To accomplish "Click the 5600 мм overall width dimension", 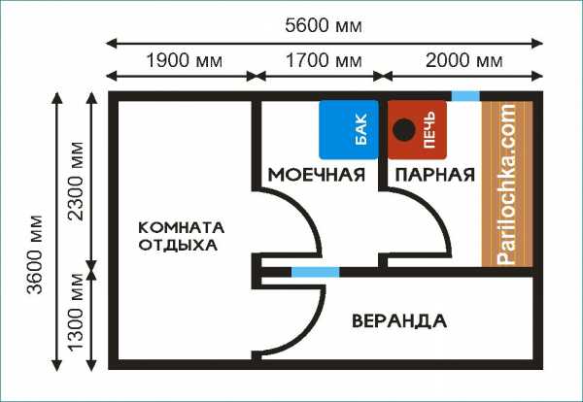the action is click(x=324, y=26).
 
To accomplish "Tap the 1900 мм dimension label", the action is click(x=185, y=60).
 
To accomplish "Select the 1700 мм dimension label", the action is click(x=324, y=60).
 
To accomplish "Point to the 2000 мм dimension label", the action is click(x=463, y=60).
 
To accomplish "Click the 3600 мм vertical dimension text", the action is click(x=35, y=254).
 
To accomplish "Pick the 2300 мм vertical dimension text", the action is click(x=76, y=181).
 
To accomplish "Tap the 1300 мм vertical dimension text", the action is click(x=76, y=312).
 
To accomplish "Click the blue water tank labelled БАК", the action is click(x=349, y=130).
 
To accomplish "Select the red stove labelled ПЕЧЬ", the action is click(x=417, y=130).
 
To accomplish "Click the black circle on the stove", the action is click(x=404, y=130).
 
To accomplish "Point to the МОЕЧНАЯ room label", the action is click(x=317, y=175).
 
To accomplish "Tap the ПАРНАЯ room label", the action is click(x=435, y=175).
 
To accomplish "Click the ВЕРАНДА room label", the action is click(x=399, y=321).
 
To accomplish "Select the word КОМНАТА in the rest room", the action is click(x=182, y=227).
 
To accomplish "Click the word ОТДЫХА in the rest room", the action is click(x=178, y=246).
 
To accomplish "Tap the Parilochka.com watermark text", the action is click(x=507, y=184).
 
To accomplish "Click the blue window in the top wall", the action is click(x=465, y=96).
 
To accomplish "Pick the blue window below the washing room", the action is click(x=315, y=272).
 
